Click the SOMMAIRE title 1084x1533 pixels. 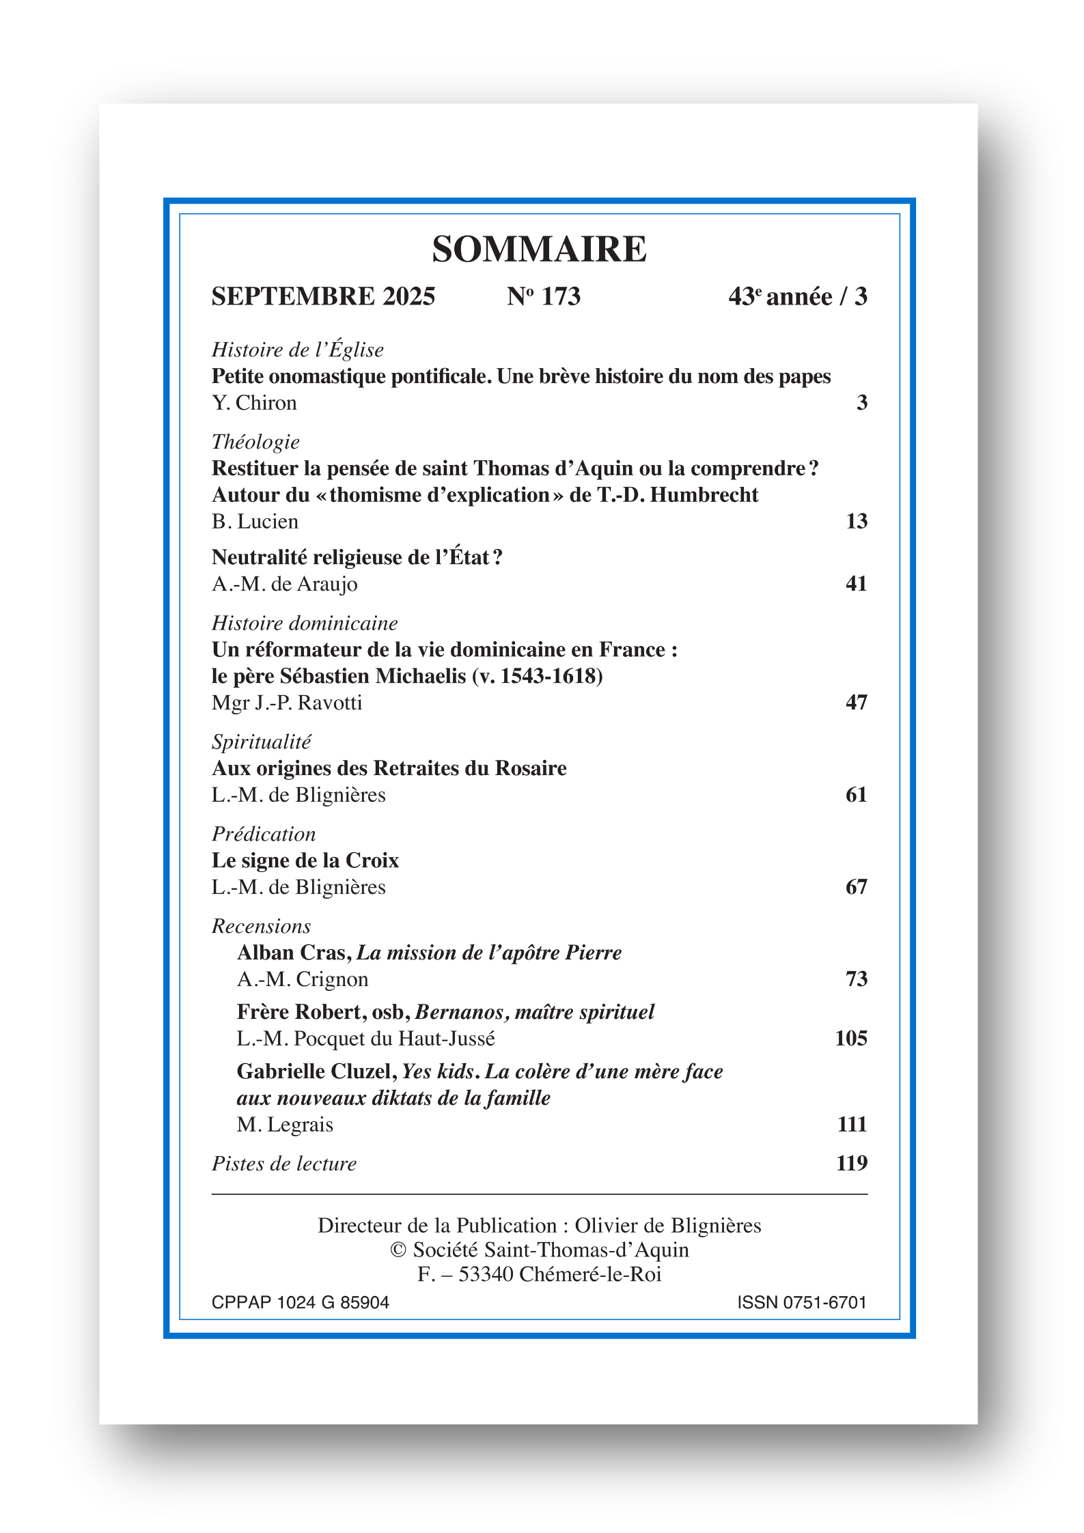539,249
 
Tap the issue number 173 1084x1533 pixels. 561,296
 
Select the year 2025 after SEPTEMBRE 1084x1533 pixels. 408,296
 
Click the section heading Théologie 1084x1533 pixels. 255,442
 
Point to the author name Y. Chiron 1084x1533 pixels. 254,403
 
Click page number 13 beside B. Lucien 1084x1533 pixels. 856,521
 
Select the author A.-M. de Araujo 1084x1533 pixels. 284,584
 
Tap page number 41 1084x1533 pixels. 856,583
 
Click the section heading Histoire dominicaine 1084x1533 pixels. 305,623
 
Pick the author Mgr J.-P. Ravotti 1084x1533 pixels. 287,703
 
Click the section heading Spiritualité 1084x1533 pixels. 261,742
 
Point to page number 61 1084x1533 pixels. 856,794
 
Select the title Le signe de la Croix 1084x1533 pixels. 305,860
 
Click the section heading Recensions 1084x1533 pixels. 261,926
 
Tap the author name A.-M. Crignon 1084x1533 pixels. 303,979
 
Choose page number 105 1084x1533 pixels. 850,1038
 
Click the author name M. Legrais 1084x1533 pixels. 285,1124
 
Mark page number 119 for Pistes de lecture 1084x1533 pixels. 851,1163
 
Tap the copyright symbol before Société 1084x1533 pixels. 398,1250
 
